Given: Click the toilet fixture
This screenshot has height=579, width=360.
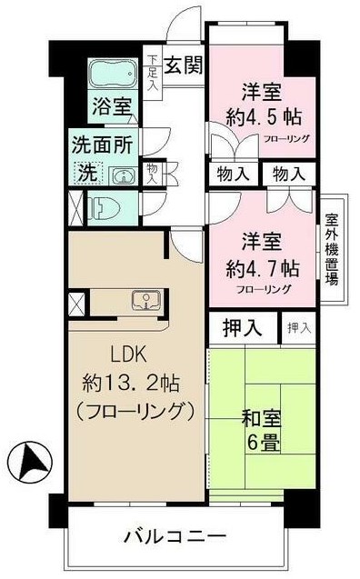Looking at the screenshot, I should click(103, 206).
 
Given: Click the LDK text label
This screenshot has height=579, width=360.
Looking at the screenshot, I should click(129, 354).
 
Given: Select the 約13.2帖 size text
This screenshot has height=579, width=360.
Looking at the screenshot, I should click(132, 382).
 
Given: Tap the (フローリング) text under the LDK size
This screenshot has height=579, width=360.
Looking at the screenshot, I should click(132, 411).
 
